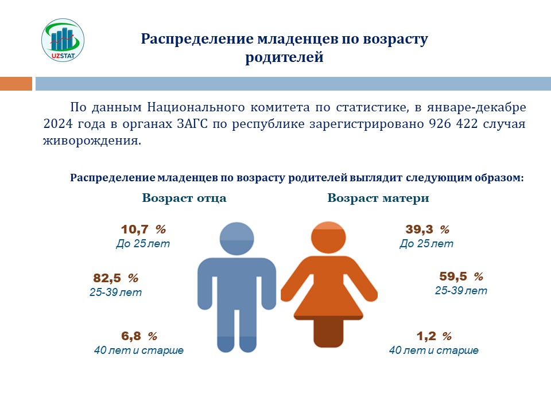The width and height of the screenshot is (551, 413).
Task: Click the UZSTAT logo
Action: click(x=63, y=40)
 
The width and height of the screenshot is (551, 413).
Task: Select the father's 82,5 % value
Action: click(x=115, y=278)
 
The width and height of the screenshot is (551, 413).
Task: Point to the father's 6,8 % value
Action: click(x=139, y=336)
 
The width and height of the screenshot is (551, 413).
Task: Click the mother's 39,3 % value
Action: click(x=427, y=229)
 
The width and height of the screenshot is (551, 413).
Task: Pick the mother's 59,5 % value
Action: click(x=461, y=276)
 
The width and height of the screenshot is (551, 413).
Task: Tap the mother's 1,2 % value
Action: click(x=434, y=336)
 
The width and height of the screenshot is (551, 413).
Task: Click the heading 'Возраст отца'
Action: click(x=184, y=198)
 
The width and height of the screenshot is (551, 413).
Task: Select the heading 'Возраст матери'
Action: click(x=378, y=198)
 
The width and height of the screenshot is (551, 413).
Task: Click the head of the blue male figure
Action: click(x=236, y=239)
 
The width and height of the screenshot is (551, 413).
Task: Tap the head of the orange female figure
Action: click(x=328, y=237)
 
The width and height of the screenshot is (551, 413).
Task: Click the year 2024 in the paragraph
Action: click(x=58, y=124)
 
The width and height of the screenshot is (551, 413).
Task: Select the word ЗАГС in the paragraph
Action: click(x=192, y=124)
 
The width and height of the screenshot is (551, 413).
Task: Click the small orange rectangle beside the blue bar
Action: click(x=16, y=84)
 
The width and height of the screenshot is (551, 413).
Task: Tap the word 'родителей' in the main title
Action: click(x=284, y=57)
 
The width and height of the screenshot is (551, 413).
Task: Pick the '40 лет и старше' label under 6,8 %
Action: click(x=139, y=350)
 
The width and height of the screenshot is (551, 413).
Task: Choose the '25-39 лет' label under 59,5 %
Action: click(x=461, y=290)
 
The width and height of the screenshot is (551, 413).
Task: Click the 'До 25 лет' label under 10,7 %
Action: click(x=143, y=243)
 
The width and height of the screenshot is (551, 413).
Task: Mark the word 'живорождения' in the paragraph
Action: click(x=92, y=141)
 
